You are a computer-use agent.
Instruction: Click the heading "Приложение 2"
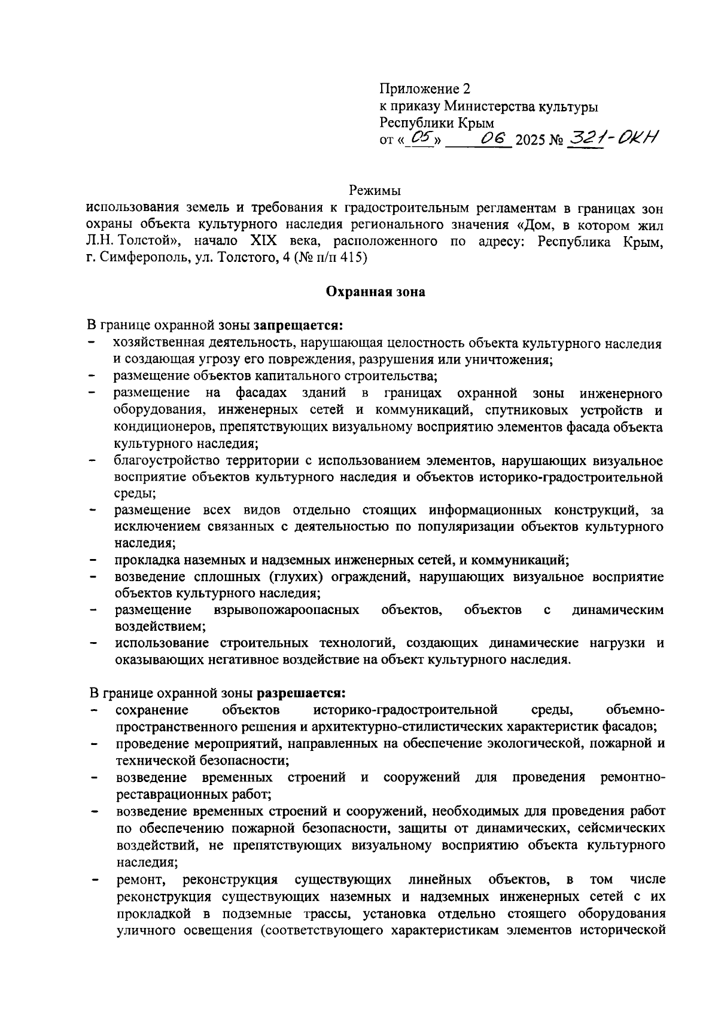pos(425,89)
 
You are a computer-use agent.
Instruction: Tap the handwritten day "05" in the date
pos(422,139)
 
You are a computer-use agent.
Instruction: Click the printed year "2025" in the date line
pos(531,141)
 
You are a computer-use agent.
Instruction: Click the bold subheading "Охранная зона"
pos(375,292)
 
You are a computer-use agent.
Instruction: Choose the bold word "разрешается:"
pos(302,693)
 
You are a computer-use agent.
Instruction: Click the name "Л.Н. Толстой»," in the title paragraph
pos(131,242)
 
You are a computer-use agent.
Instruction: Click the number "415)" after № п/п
pos(354,258)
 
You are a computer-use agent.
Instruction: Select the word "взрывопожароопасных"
pos(286,610)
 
